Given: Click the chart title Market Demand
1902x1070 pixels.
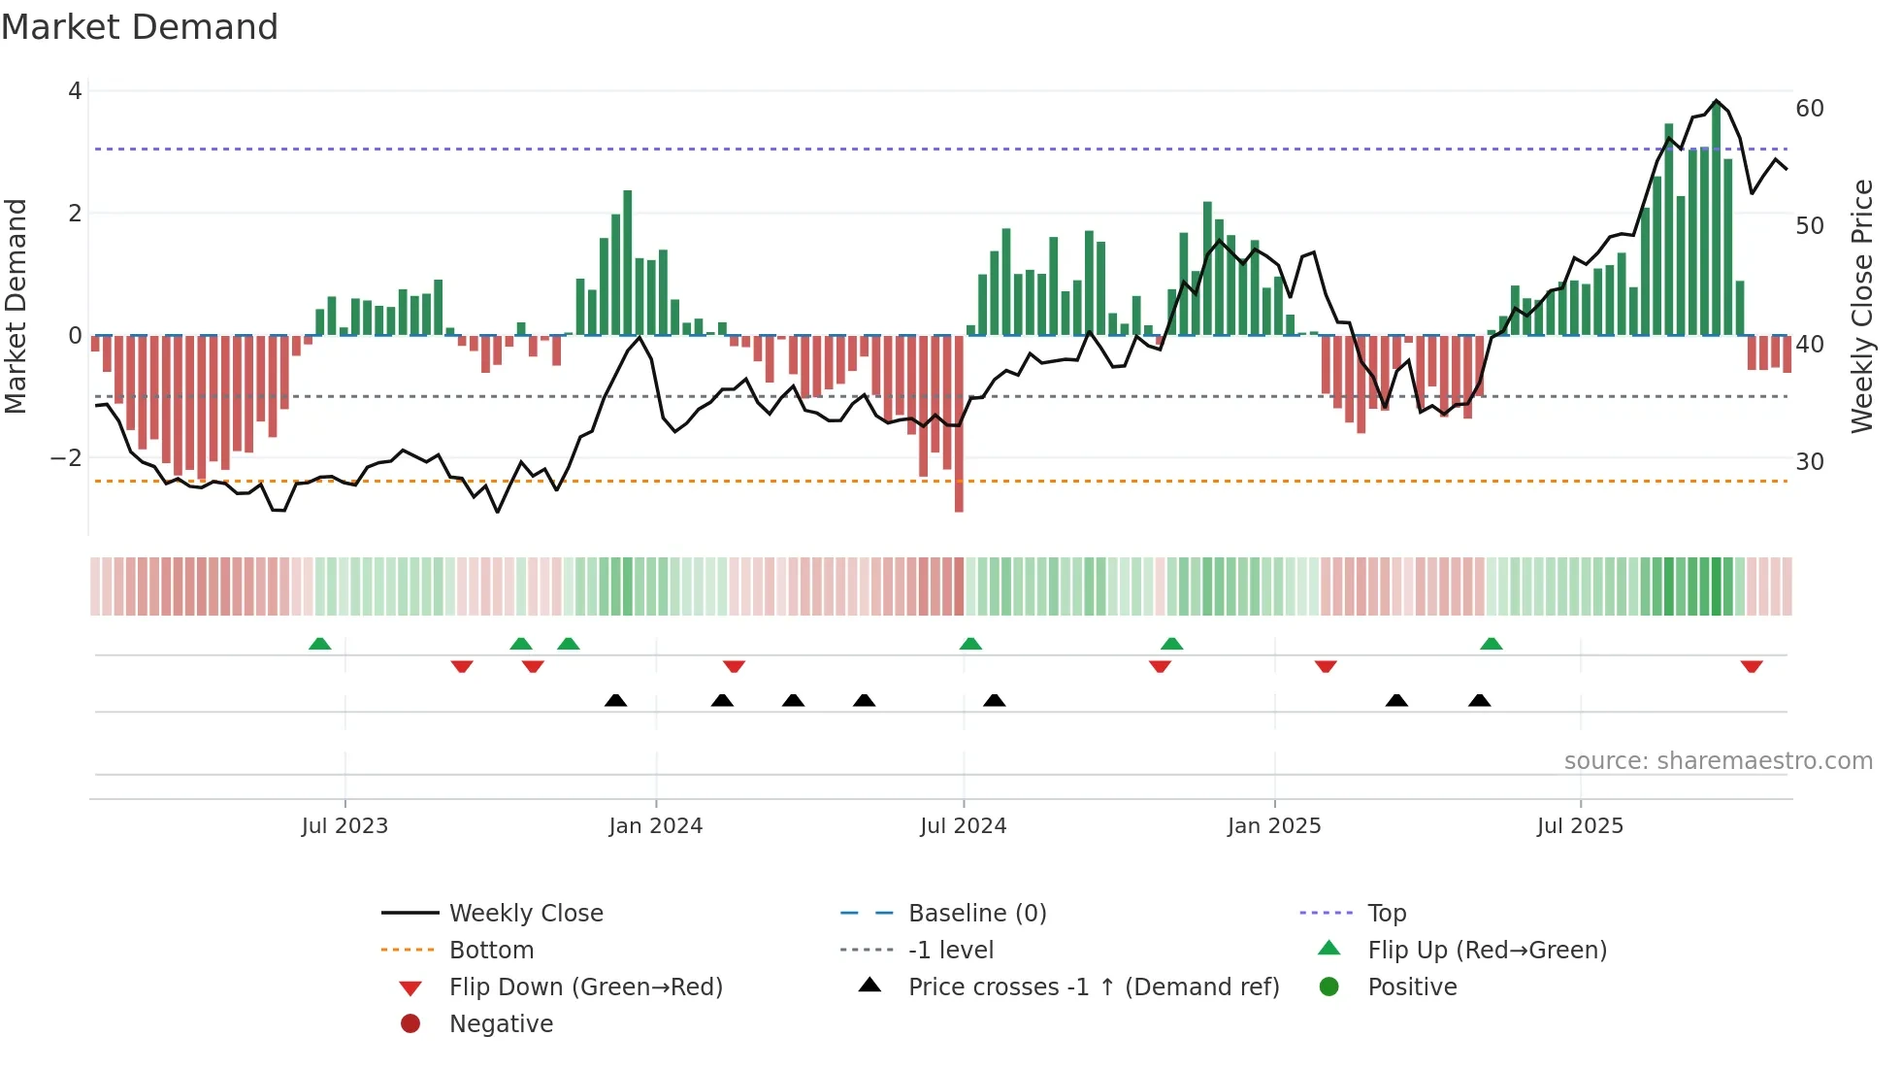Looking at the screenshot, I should (x=140, y=27).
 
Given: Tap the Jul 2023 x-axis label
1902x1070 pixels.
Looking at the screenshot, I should (x=344, y=826).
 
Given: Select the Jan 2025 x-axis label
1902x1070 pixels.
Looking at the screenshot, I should (x=1274, y=826).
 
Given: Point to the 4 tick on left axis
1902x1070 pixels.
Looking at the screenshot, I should (x=75, y=91).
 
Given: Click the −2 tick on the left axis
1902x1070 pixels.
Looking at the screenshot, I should (x=67, y=457).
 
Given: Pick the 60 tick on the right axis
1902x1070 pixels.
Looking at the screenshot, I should (x=1810, y=108).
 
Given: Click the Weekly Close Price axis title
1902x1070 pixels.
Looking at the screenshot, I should (x=1862, y=306).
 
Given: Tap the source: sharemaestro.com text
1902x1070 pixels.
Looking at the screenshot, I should (x=1718, y=761).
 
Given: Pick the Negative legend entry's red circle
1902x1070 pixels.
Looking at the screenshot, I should (x=410, y=1024).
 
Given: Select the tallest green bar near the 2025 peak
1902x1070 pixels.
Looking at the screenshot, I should (x=1716, y=218).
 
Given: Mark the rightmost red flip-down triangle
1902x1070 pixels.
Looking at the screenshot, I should (x=1752, y=666).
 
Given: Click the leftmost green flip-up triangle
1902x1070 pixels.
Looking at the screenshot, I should (x=319, y=644).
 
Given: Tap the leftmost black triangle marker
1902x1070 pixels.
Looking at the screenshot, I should (x=615, y=700).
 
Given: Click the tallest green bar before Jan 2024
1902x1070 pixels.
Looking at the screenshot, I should (x=628, y=262).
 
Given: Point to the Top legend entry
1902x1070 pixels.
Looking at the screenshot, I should (x=1386, y=914).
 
